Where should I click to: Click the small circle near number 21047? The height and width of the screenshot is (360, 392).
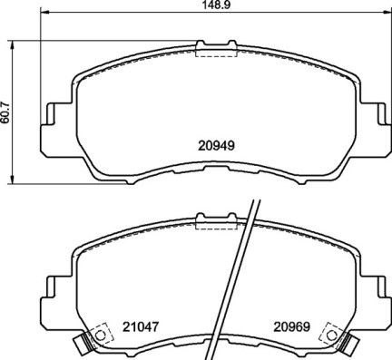tap(100, 334)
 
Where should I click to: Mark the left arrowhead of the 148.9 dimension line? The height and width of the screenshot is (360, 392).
tap(44, 16)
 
